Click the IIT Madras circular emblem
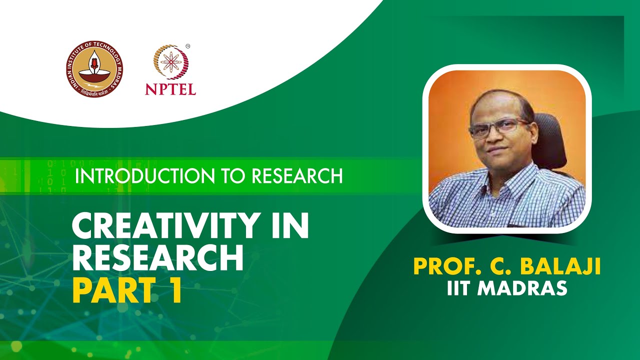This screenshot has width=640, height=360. [x=94, y=69]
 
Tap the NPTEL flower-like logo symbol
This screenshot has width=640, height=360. [x=170, y=64]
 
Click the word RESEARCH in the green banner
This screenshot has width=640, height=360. [x=297, y=176]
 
